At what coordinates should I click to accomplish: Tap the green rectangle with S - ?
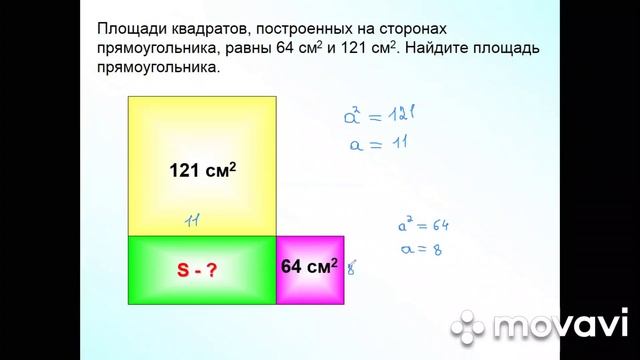tap(202, 270)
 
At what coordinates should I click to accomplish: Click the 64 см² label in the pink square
tap(309, 266)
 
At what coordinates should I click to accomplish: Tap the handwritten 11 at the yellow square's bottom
tap(194, 220)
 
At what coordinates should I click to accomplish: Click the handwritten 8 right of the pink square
tap(351, 267)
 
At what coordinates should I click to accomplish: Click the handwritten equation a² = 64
tap(422, 227)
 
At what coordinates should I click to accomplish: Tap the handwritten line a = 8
tap(419, 249)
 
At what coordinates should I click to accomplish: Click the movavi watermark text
tap(560, 326)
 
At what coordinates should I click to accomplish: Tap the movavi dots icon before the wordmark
tap(467, 326)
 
